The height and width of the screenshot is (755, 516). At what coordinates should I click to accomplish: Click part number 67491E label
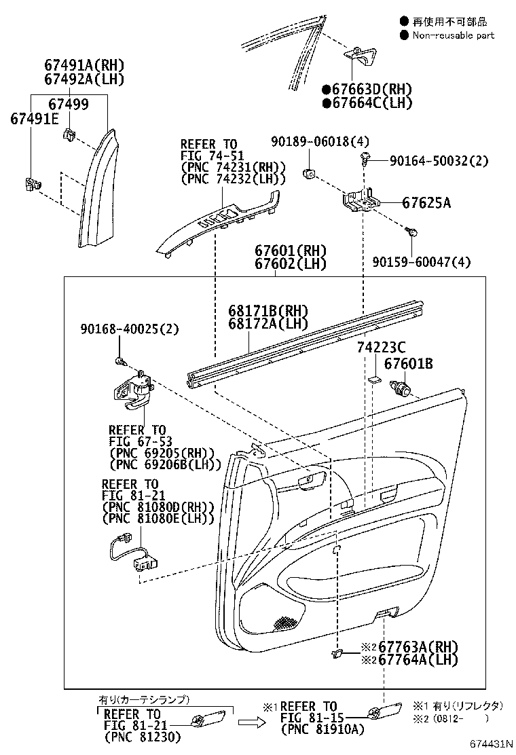click(x=34, y=119)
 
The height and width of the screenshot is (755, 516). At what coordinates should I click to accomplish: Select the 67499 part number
click(x=68, y=104)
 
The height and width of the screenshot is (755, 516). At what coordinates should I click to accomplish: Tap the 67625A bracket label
click(x=426, y=202)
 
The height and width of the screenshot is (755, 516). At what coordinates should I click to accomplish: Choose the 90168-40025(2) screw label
click(x=128, y=329)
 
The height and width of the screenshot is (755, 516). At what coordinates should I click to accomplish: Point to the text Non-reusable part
click(x=453, y=35)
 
